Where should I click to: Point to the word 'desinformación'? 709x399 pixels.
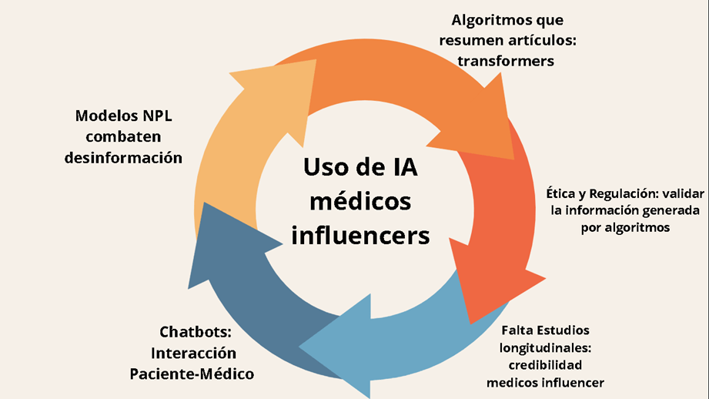tap(129, 158)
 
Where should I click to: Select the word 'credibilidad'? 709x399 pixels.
tap(544, 364)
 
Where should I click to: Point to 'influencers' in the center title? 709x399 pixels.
tap(360, 234)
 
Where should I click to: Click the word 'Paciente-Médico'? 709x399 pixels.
tap(192, 374)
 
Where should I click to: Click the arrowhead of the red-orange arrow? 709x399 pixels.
tap(493, 289)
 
